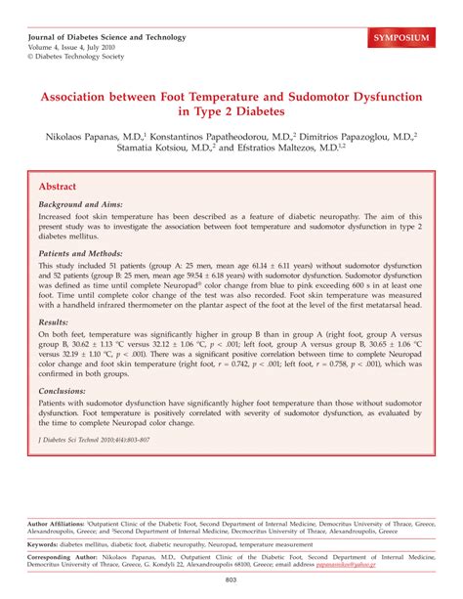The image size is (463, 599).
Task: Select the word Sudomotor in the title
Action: tap(325, 98)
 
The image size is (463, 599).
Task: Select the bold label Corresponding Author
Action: tap(65, 556)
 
